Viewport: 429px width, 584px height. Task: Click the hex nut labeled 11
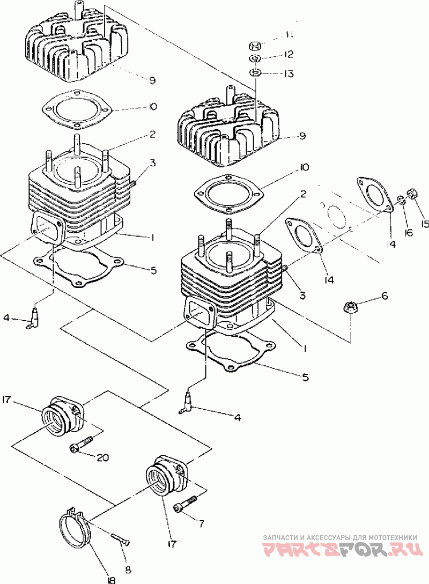click(254, 47)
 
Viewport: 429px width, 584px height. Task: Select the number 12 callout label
click(288, 54)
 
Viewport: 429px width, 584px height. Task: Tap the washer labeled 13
click(254, 72)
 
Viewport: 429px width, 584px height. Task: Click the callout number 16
click(409, 232)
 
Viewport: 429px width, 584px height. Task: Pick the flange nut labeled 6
click(350, 308)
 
